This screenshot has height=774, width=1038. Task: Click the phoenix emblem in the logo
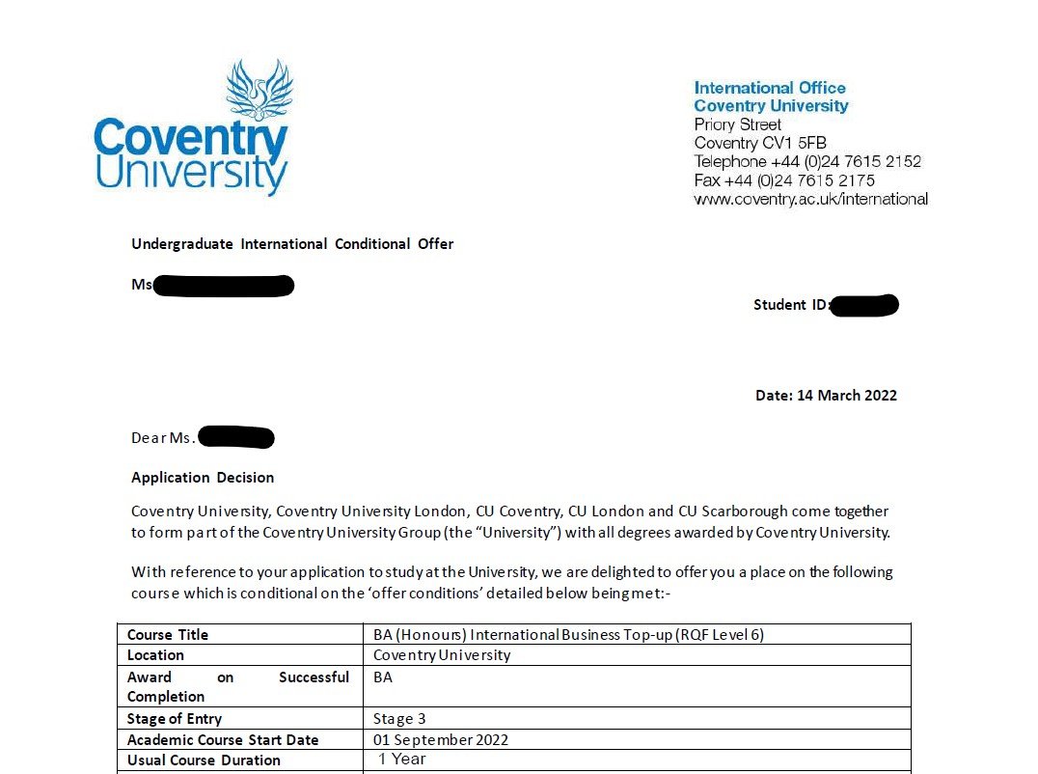coord(259,91)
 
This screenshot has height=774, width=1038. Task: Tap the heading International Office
coord(770,88)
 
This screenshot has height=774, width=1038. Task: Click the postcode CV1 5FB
coord(794,144)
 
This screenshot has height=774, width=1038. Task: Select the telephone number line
coord(807,162)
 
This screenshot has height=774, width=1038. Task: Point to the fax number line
coord(784,180)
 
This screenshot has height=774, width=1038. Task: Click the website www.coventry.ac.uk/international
coord(810,200)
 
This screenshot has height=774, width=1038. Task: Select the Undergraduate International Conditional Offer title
coord(292,244)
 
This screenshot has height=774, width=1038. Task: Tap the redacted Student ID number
coord(864,306)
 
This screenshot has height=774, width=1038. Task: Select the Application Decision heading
coord(203,478)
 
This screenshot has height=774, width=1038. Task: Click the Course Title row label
coord(168,635)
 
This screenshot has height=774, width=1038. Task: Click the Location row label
coord(156,655)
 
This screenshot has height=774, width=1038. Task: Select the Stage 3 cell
coord(399,719)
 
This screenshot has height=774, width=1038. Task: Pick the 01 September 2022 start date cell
coord(441,740)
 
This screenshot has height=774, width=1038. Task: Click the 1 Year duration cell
coord(401,760)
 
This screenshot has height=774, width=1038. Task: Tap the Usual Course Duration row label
coord(204,760)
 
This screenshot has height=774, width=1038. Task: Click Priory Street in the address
coord(738,125)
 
